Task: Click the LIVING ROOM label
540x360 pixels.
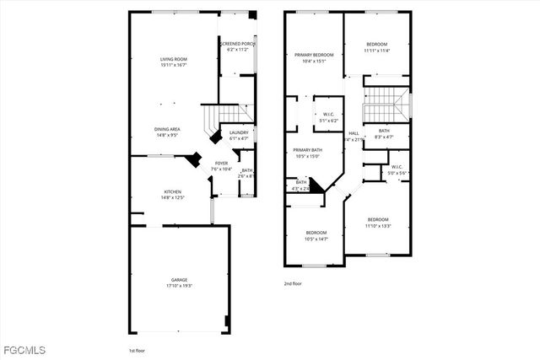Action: pyautogui.click(x=173, y=59)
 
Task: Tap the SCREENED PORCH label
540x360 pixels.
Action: pyautogui.click(x=237, y=44)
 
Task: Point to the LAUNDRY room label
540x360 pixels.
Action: pyautogui.click(x=239, y=132)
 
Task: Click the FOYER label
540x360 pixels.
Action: pyautogui.click(x=221, y=163)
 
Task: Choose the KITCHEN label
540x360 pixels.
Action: pyautogui.click(x=172, y=191)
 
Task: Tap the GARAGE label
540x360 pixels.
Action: pyautogui.click(x=180, y=280)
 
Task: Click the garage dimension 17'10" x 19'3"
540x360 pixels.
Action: pyautogui.click(x=180, y=286)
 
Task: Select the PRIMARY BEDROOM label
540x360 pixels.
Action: pyautogui.click(x=314, y=55)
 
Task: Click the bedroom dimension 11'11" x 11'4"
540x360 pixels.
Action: pyautogui.click(x=377, y=50)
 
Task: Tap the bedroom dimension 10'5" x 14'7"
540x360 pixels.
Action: pyautogui.click(x=316, y=239)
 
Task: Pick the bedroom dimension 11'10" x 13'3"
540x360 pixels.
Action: pyautogui.click(x=377, y=225)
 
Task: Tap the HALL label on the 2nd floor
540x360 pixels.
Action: pyautogui.click(x=354, y=133)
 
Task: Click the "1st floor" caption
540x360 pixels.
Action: pyautogui.click(x=138, y=349)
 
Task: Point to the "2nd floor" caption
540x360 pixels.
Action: pyautogui.click(x=293, y=284)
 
